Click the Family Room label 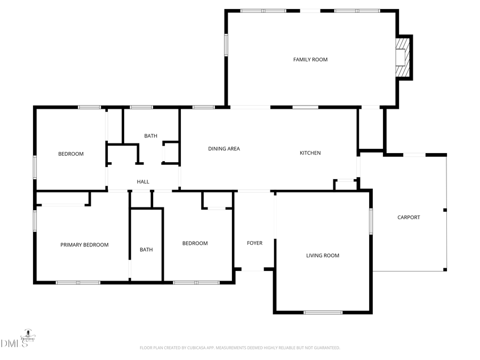coord(310,60)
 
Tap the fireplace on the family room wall coord(402,58)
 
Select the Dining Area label coord(224,149)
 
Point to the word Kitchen coord(310,153)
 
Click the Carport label coord(409,218)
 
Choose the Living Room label coord(323,256)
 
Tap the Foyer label coord(254,243)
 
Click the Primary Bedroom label coord(84,245)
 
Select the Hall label coord(143,182)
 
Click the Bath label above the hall coord(151,136)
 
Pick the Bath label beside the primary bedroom coord(146,250)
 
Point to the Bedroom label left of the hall coord(71,154)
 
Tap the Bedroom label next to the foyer coord(195,244)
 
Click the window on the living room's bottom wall coord(323,312)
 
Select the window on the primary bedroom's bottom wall coord(78,282)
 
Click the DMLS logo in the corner coord(16,341)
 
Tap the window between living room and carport coord(371,221)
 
